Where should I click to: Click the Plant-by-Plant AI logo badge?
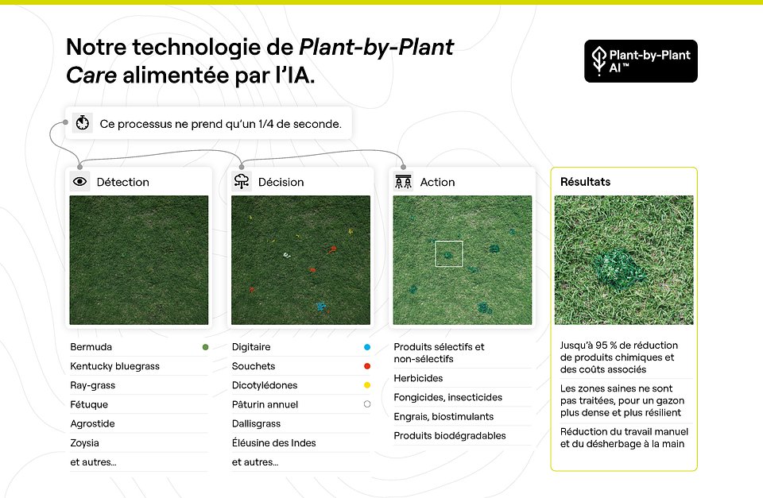pos(641,61)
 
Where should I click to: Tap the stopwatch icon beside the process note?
pos(82,124)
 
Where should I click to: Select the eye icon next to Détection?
pos(80,182)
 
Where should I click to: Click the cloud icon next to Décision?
pos(242,182)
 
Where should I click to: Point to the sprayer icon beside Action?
pos(403,182)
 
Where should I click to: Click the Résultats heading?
pos(585,182)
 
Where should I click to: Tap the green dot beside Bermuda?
pos(205,347)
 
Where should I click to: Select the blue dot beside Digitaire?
pos(366,347)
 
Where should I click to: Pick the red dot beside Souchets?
pos(366,366)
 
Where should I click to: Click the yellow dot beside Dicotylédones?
pos(366,385)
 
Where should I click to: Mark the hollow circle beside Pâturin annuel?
pos(366,404)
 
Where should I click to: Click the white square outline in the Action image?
pos(448,253)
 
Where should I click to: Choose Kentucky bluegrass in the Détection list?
pos(114,366)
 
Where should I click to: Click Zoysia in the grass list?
pos(84,443)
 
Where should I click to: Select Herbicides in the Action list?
pos(418,378)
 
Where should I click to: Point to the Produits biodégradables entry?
pos(449,435)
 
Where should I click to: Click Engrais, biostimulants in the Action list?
pos(443,416)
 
